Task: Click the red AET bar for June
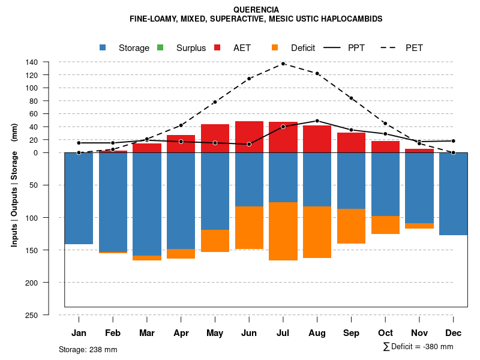pos(249,137)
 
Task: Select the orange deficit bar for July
pos(283,231)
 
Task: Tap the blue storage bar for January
pos(79,198)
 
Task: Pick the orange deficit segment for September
pos(352,226)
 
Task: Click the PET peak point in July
pos(283,64)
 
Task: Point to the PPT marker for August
pos(317,121)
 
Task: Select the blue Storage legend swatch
pos(103,48)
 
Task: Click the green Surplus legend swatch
pos(160,48)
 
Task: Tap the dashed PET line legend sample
pos(389,48)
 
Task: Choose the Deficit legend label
pos(303,48)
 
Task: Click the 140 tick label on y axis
pos(32,62)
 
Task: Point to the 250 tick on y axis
pos(32,315)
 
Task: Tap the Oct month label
pos(386,333)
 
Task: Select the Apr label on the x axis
pos(181,333)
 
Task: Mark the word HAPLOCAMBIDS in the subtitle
pos(354,19)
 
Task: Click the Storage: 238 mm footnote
pos(88,349)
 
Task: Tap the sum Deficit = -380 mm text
pos(418,347)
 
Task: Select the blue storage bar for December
pos(454,194)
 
